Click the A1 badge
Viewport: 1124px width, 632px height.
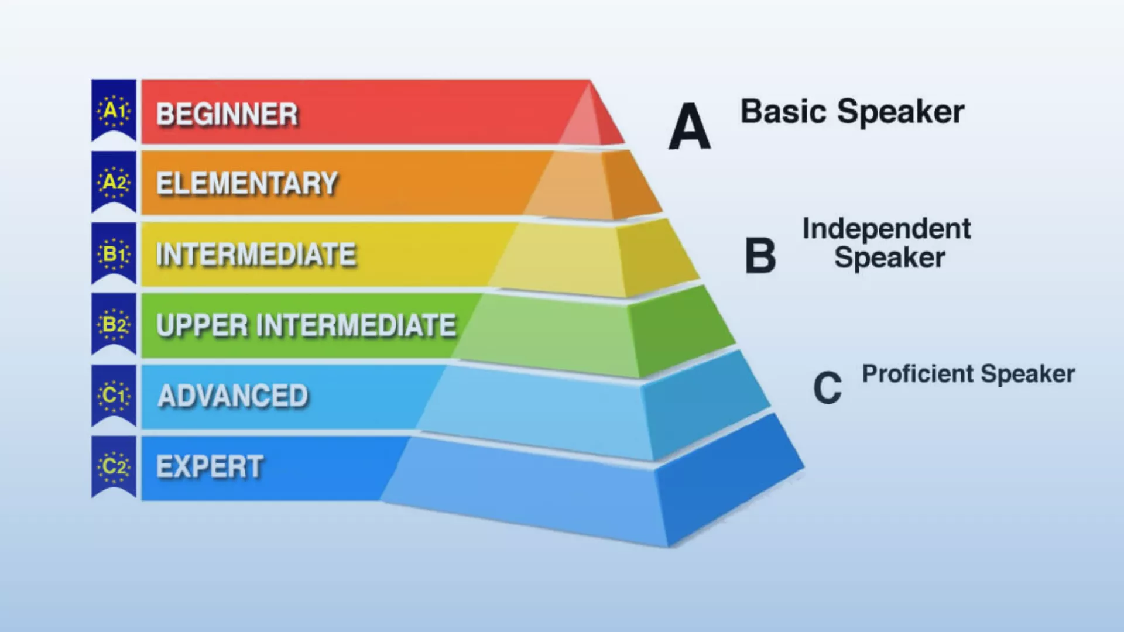(x=114, y=110)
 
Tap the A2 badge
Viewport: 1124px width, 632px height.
(x=114, y=182)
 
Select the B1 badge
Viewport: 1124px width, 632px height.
(x=114, y=253)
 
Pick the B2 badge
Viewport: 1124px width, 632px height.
(x=114, y=324)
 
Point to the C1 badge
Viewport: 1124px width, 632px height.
(x=114, y=396)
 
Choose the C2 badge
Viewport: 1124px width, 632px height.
(x=114, y=466)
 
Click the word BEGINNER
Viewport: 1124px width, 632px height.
(x=227, y=114)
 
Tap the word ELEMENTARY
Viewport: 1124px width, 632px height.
(x=247, y=184)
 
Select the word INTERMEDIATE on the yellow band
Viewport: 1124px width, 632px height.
(x=256, y=255)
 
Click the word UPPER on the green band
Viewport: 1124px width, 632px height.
(x=202, y=325)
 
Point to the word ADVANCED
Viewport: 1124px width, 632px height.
(x=233, y=396)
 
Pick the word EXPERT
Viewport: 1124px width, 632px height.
(x=210, y=467)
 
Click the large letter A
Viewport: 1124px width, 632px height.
(x=690, y=126)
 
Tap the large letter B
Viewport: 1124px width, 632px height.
(x=760, y=256)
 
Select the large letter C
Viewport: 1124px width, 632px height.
(x=827, y=387)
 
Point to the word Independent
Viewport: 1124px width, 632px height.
(x=886, y=229)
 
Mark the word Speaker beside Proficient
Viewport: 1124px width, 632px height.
(x=1028, y=374)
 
